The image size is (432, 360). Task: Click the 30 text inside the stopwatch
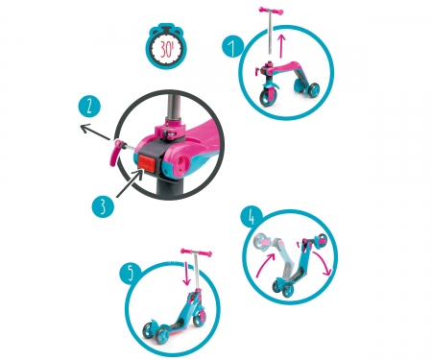pos(166,50)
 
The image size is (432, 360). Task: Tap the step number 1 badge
pos(232,47)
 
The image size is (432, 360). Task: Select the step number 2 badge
pos(89,107)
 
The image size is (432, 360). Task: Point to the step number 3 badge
pos(103,206)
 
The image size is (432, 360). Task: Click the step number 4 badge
pos(252,218)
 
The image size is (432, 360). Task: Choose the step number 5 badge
pos(131,274)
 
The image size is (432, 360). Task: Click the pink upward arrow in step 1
pos(281,46)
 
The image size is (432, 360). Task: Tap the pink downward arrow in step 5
pos(186,274)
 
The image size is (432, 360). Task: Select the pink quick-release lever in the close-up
pos(114,151)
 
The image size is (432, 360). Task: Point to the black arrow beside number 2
pos(95,132)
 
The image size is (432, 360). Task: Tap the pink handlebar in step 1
pos(271,11)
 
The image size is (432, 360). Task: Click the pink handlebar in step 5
pos(196,252)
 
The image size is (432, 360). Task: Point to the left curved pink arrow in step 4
pos(265,265)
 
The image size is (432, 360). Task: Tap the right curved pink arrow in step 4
pos(324,263)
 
